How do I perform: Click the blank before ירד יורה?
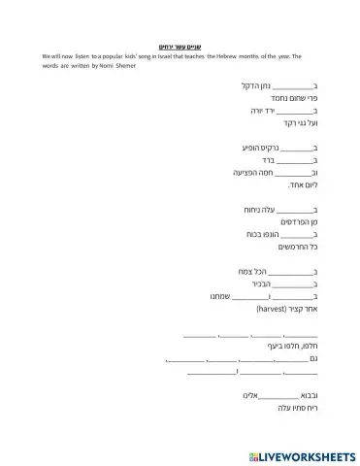point(294,112)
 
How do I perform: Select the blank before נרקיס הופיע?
point(294,147)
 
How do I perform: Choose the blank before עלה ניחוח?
point(294,210)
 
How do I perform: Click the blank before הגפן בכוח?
point(294,235)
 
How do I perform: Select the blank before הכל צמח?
point(294,272)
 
